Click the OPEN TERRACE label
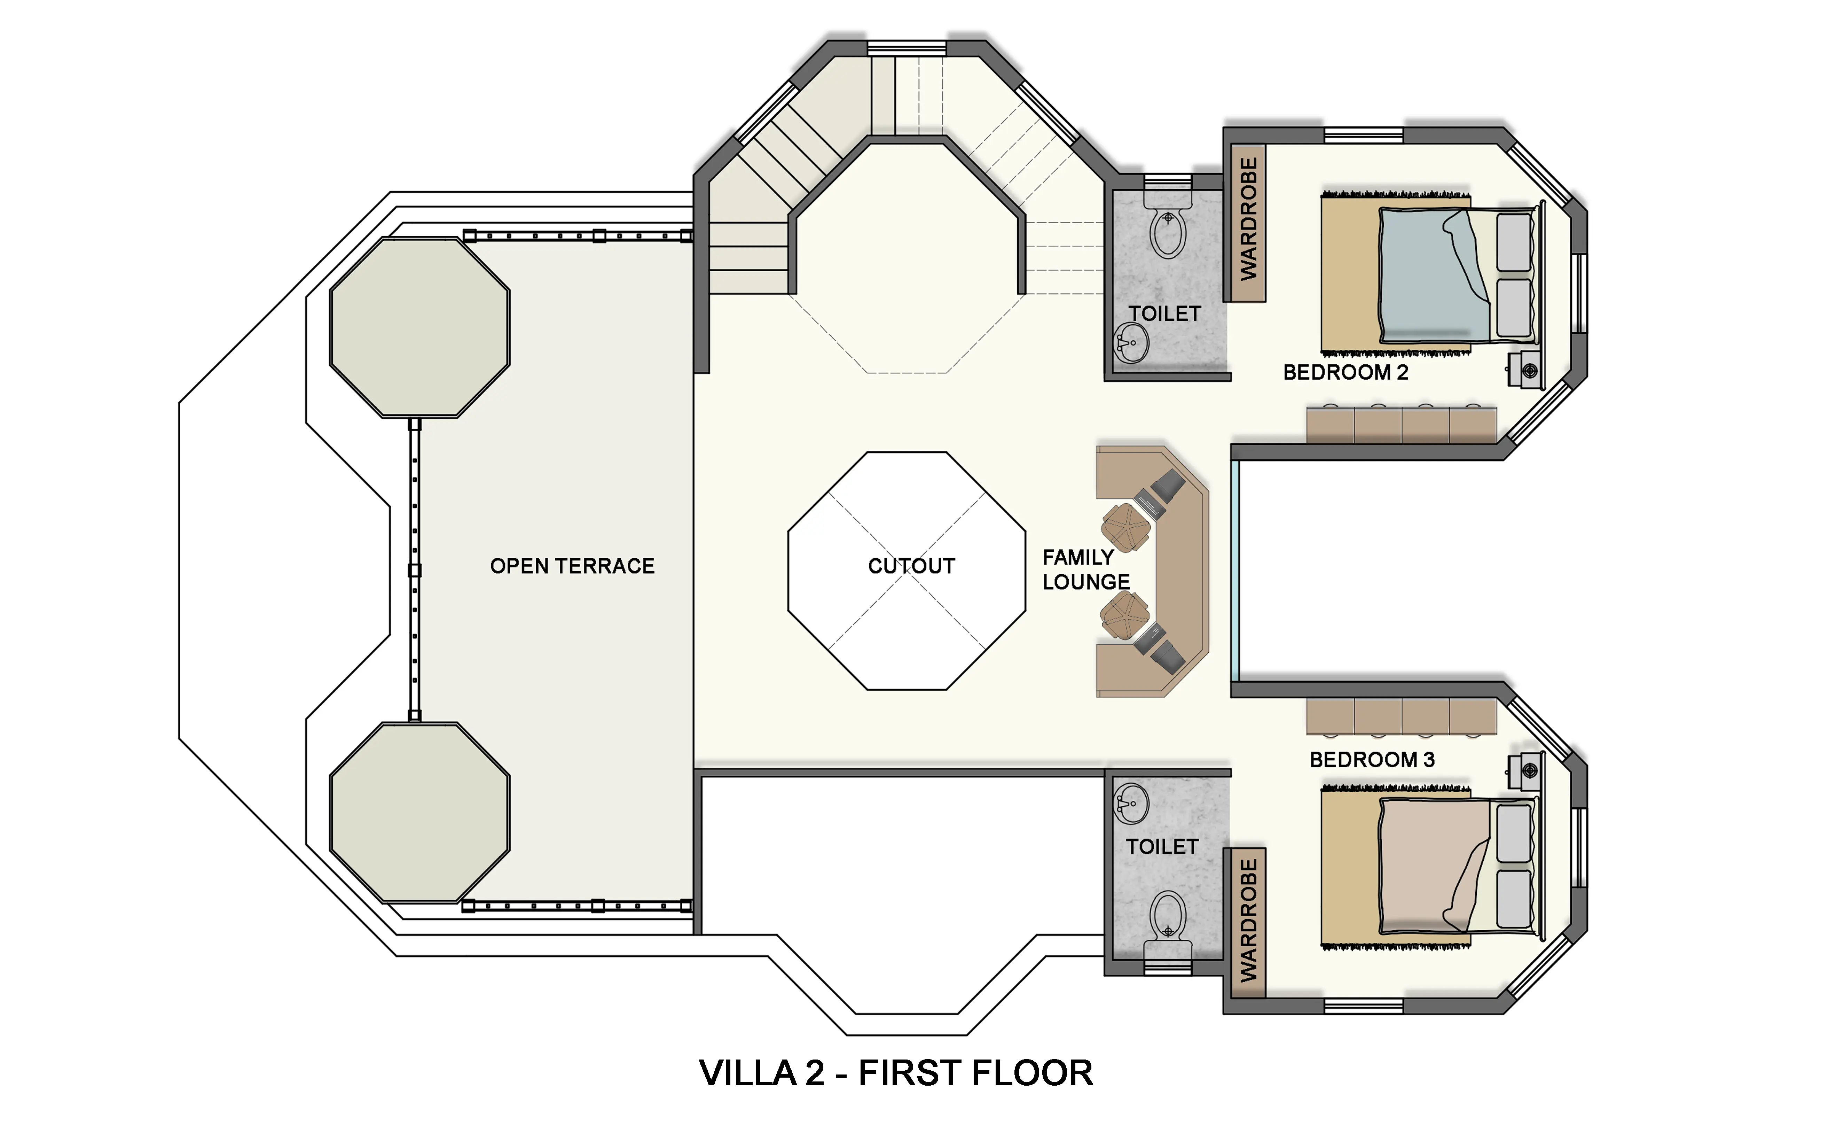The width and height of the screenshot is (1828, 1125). [x=572, y=566]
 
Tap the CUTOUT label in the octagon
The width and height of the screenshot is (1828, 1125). [x=911, y=566]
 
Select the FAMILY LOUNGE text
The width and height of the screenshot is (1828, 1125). [x=1086, y=569]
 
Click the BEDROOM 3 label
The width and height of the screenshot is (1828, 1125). [x=1372, y=760]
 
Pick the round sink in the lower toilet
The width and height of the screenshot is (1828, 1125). [x=1131, y=804]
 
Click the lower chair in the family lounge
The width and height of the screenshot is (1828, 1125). [x=1125, y=615]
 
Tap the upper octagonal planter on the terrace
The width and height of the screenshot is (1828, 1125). [x=419, y=327]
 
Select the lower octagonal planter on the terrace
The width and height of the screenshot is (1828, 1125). [x=419, y=813]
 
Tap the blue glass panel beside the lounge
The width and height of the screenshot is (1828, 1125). [x=1234, y=571]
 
